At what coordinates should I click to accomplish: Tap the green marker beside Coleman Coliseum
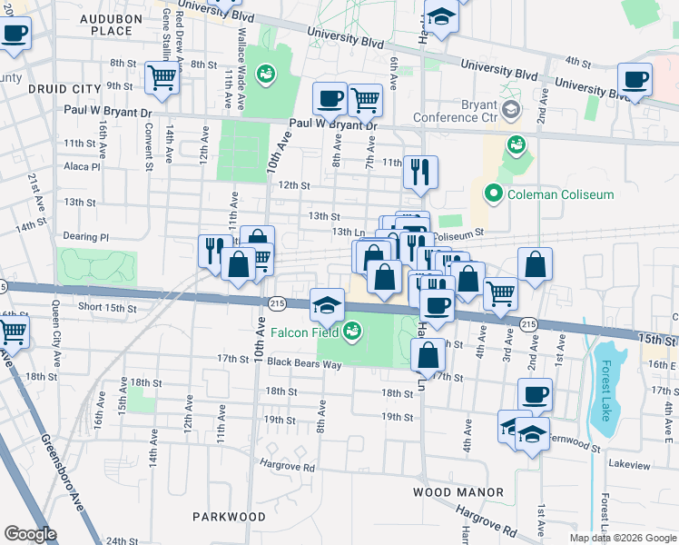(x=494, y=194)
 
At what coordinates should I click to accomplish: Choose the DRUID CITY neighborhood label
(x=63, y=89)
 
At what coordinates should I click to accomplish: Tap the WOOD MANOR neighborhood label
(x=458, y=492)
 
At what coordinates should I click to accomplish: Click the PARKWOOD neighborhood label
(x=229, y=516)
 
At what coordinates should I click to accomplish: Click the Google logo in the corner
(x=31, y=534)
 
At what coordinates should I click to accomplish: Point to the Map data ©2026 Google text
(x=622, y=538)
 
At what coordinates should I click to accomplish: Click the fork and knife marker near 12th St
(x=419, y=171)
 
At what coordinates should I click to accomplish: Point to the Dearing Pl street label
(x=85, y=237)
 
